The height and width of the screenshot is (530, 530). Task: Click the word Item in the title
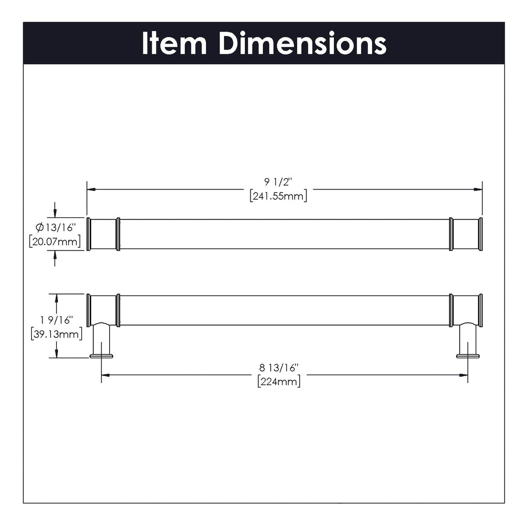tap(174, 43)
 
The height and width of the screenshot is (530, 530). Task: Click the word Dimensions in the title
tap(302, 43)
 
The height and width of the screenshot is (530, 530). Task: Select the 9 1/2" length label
tap(277, 182)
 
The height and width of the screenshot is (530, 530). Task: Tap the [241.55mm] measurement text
tap(277, 196)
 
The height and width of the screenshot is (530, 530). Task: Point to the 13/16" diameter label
tap(61, 227)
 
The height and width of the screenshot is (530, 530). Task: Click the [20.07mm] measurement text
tap(56, 241)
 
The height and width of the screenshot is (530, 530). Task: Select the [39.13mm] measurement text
tap(56, 334)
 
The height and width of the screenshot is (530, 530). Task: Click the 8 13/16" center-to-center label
tap(278, 368)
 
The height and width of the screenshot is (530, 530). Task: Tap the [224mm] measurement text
tap(278, 382)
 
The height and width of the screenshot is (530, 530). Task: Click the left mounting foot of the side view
tap(101, 355)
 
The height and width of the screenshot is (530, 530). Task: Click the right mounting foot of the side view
tap(468, 355)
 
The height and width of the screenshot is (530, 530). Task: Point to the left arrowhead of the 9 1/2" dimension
tap(91, 189)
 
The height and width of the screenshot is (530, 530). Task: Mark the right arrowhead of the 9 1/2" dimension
tap(478, 189)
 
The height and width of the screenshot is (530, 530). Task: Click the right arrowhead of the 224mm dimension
tap(464, 376)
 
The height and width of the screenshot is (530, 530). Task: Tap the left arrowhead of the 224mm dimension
tap(105, 376)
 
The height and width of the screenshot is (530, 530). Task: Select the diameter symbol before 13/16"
tap(39, 227)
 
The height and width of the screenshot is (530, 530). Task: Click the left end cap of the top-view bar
tap(89, 234)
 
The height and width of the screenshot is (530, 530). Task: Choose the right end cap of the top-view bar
tap(480, 234)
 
